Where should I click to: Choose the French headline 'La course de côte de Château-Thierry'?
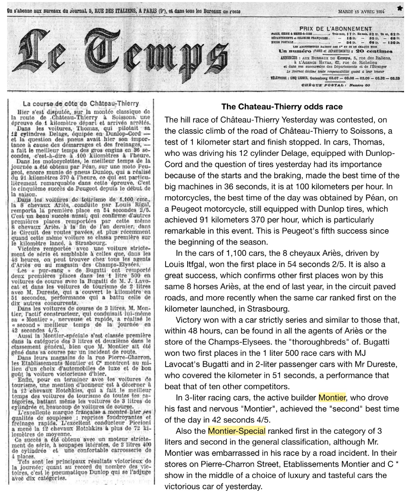pos(81,103)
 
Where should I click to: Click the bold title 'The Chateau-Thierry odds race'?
pos(282,107)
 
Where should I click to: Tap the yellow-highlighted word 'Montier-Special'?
pos(236,431)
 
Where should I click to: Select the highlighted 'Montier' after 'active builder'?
pos(332,397)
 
